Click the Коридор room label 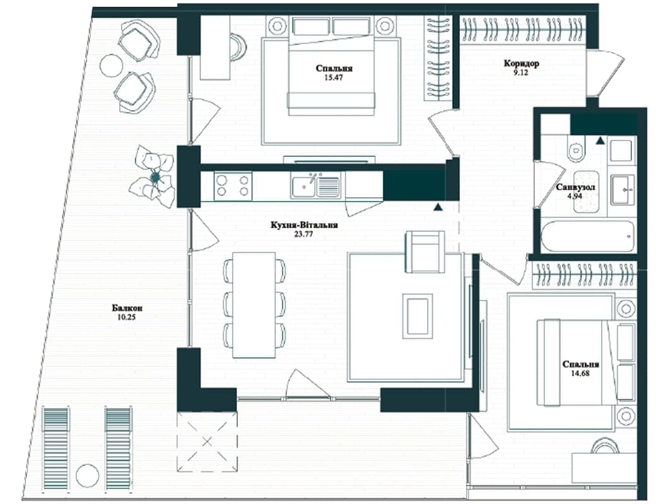(x=522, y=64)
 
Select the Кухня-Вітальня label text (x=304, y=225)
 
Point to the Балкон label (x=127, y=308)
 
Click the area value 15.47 (x=334, y=77)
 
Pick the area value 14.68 (x=580, y=374)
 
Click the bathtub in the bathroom (x=588, y=236)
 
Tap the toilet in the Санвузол (x=576, y=149)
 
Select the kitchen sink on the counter (x=315, y=186)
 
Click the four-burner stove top (x=233, y=186)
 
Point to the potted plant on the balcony (x=153, y=176)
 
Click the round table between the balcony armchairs (x=112, y=66)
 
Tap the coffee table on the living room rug (x=418, y=316)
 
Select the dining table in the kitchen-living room (x=254, y=305)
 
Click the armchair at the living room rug (x=425, y=252)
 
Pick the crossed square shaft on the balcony (x=207, y=442)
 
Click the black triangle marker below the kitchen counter (x=438, y=207)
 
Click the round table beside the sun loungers (x=88, y=476)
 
